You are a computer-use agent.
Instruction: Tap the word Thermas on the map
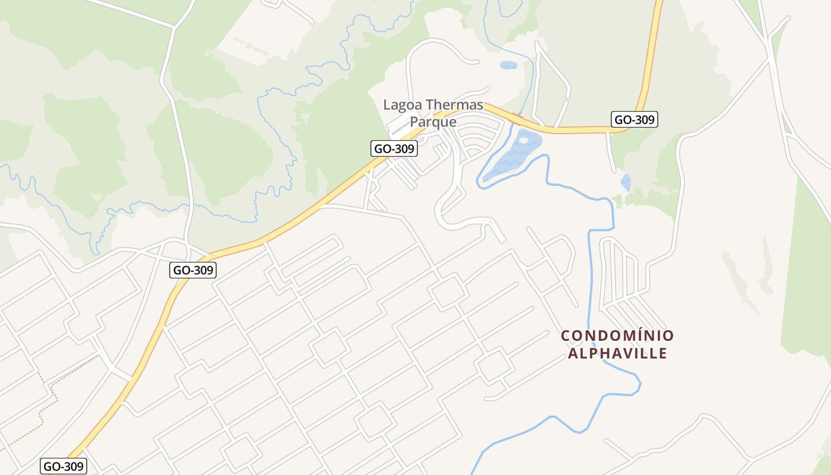(x=453, y=105)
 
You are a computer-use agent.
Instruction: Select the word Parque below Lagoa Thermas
(x=433, y=122)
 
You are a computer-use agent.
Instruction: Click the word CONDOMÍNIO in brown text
(x=617, y=336)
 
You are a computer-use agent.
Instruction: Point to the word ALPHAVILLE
(x=617, y=354)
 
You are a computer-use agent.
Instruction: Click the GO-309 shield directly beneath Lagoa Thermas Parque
(x=394, y=148)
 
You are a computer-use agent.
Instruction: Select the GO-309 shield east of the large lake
(x=635, y=119)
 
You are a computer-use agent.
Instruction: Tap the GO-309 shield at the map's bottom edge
(x=64, y=466)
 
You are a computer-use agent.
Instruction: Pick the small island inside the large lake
(x=523, y=141)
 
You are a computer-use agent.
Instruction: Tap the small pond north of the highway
(x=508, y=65)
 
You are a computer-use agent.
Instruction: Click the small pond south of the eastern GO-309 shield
(x=626, y=182)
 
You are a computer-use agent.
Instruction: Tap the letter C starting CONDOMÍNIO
(x=565, y=336)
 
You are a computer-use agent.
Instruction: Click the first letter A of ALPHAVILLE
(x=573, y=354)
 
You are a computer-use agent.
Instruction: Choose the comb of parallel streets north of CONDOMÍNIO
(x=620, y=273)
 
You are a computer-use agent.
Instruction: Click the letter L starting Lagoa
(x=387, y=105)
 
